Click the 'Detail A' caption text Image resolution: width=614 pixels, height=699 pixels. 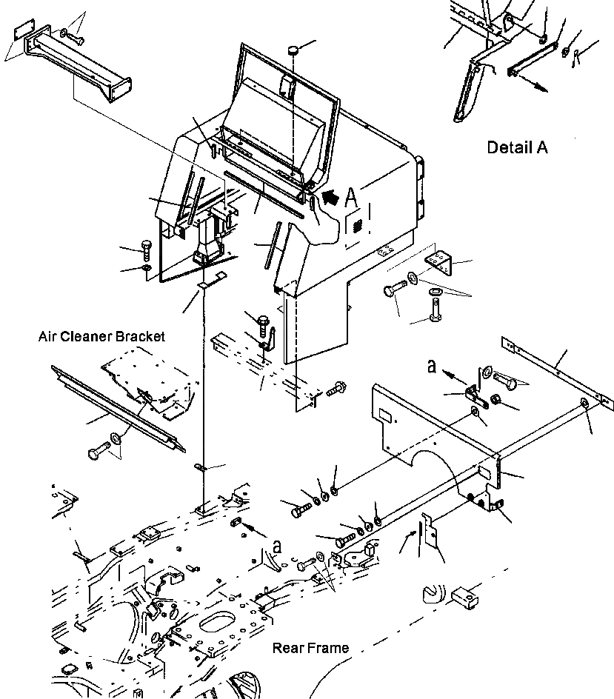click(517, 147)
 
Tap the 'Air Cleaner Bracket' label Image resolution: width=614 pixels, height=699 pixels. click(101, 336)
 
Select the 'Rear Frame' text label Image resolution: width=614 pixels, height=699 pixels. click(310, 648)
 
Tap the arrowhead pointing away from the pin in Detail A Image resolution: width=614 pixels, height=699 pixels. click(543, 88)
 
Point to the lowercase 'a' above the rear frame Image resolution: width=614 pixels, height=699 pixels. click(277, 546)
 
